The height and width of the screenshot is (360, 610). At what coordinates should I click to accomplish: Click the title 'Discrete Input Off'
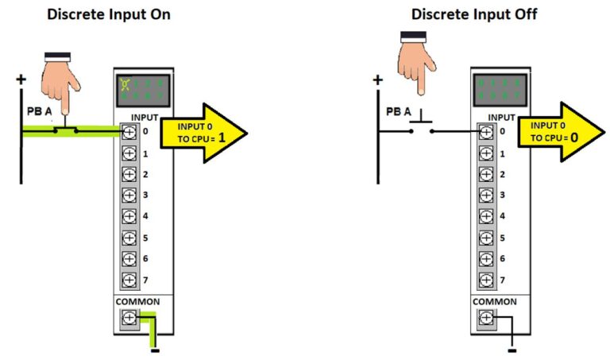[473, 14]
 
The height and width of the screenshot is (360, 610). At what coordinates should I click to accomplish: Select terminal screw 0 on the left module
[129, 131]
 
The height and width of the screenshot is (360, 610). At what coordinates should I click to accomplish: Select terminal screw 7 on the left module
[129, 280]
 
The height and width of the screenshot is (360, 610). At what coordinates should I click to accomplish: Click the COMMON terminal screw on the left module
[129, 319]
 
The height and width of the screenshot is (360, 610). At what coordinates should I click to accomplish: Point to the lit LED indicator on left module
[125, 83]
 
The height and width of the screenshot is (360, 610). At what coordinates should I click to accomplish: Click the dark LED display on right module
[496, 88]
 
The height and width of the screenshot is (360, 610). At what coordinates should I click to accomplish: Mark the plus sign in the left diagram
[21, 79]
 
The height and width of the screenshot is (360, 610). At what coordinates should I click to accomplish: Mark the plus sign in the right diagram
[377, 79]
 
